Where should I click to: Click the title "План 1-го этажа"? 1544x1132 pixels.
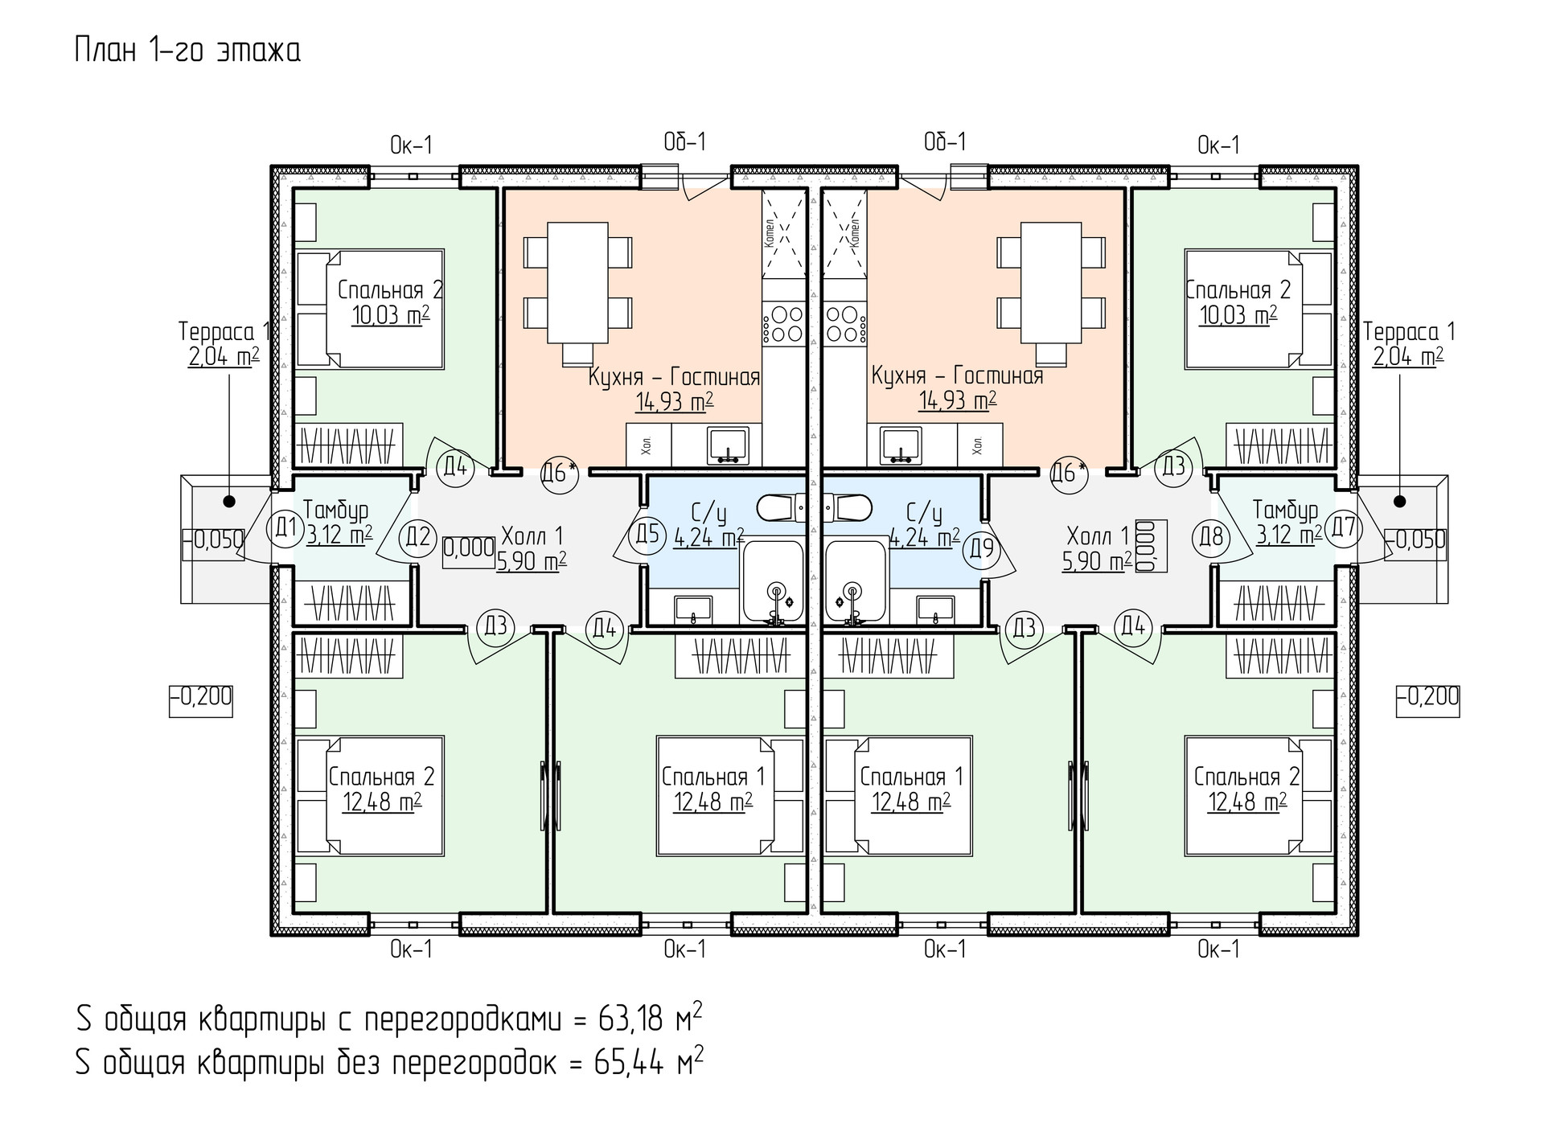pos(187,51)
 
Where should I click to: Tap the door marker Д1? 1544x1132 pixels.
pos(284,527)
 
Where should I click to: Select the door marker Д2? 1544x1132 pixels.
pos(418,536)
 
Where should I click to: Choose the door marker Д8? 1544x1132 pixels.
pos(1211,536)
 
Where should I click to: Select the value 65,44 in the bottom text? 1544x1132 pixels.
pos(629,1063)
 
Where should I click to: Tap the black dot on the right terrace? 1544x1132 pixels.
pos(1400,502)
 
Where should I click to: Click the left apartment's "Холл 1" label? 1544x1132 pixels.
pos(532,535)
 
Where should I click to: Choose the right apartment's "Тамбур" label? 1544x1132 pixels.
pos(1285,510)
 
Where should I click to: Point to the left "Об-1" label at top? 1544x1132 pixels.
pos(684,142)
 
